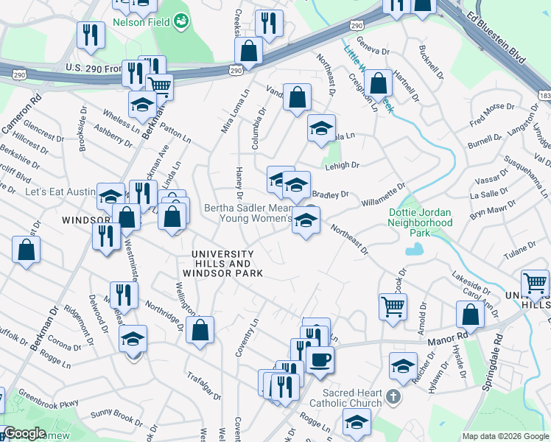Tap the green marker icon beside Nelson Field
(180, 23)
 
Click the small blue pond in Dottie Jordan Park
(414, 250)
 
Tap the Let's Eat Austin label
(61, 192)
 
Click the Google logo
(24, 433)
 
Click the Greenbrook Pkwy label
(48, 399)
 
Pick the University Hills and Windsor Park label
(222, 264)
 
